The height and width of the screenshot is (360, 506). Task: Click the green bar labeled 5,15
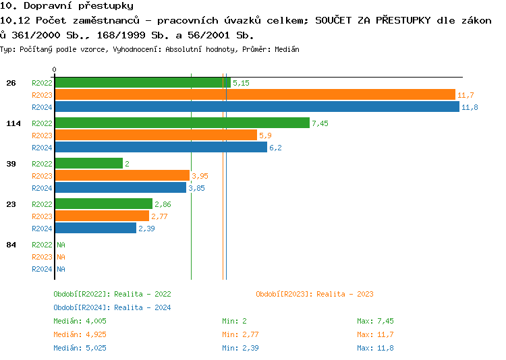point(142,83)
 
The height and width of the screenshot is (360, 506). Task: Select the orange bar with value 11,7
point(255,95)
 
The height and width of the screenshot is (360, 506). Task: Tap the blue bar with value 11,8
point(256,107)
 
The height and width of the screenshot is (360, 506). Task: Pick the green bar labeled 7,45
point(182,123)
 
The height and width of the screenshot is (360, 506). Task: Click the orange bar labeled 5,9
point(156,136)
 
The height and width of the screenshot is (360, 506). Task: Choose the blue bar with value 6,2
point(161,148)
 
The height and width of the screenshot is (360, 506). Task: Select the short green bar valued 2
point(88,164)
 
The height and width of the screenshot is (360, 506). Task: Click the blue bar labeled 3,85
point(120,188)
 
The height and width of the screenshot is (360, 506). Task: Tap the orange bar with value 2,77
point(102,216)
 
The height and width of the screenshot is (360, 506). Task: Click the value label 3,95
point(200,176)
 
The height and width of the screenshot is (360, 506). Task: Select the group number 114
point(13,123)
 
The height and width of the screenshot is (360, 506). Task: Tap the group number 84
point(11,245)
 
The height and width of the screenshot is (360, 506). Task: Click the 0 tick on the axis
point(55,70)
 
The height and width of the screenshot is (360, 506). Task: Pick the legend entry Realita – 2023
point(314,294)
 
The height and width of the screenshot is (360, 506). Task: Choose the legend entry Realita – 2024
point(112,307)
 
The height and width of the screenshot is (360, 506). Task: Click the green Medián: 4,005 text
point(80,321)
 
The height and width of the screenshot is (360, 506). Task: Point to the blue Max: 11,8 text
point(375,348)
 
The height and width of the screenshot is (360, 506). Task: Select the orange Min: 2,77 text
point(240,334)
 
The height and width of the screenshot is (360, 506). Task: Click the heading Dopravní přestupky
point(67,6)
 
